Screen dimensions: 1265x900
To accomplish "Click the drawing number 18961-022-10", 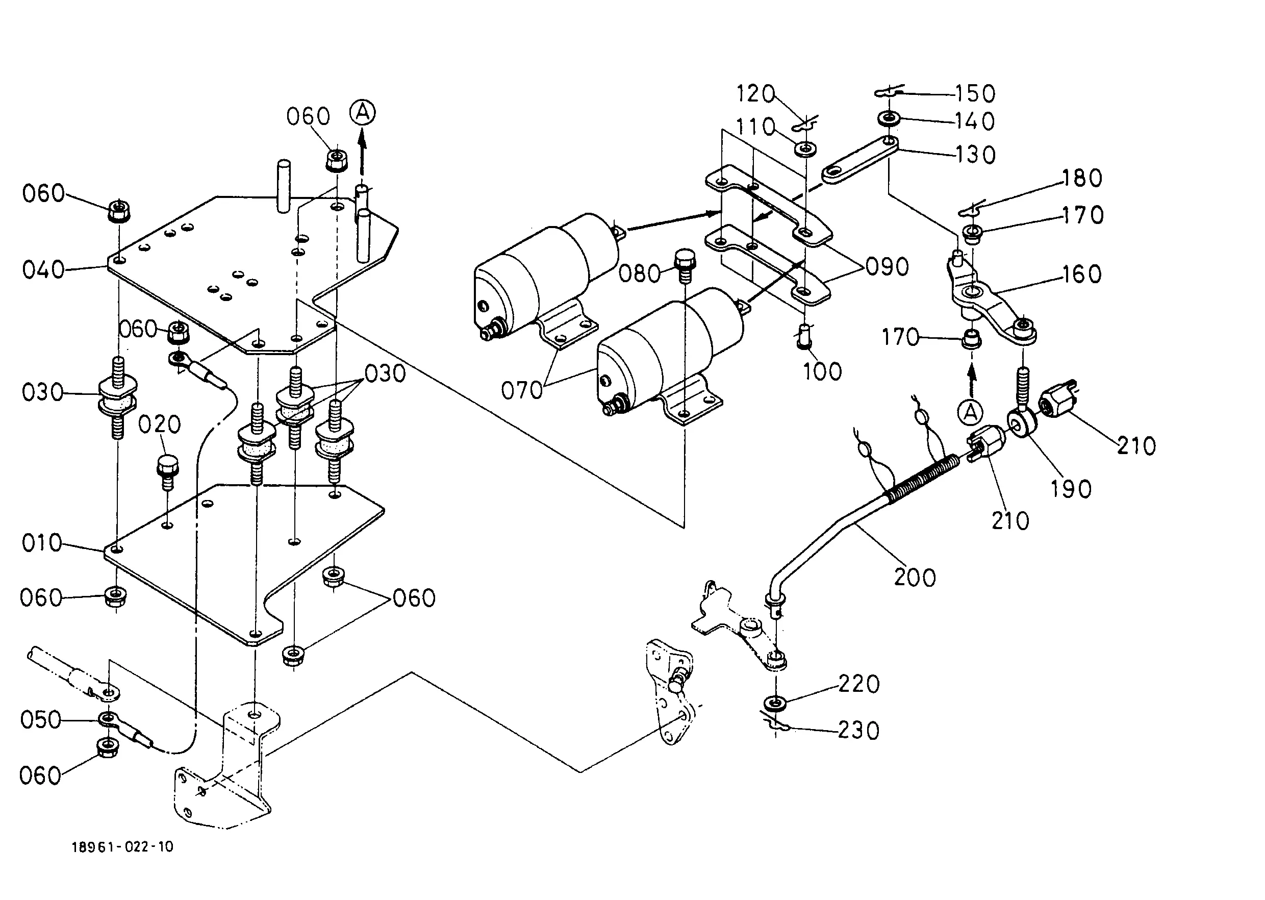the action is pos(122,847).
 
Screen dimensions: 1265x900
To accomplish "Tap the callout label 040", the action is pos(43,270).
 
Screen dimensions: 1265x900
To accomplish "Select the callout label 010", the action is pos(41,542).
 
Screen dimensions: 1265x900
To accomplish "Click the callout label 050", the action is pos(40,720).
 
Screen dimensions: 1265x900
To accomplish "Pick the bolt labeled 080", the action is pos(685,266).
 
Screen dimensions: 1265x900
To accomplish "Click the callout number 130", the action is pos(976,155).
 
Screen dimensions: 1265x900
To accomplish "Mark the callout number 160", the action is pos(1081,274).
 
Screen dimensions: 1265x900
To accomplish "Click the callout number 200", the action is pos(915,578).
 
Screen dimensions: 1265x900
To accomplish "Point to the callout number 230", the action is pos(858,731).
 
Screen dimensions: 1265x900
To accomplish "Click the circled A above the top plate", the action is pos(362,112).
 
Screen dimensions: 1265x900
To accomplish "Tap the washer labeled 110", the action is pos(805,148).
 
